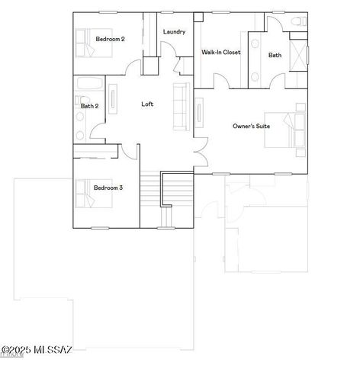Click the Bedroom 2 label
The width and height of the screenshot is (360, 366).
pos(111,39)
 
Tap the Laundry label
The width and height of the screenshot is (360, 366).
pos(175,31)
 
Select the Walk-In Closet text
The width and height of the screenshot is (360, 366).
pos(220,52)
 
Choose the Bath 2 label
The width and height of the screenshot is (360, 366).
pos(89,106)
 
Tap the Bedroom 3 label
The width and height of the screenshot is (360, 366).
pos(108,188)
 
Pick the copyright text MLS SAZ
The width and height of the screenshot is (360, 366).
pos(37,350)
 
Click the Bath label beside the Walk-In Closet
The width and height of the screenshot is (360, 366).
pos(275,55)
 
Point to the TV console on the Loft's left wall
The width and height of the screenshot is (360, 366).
pos(114,101)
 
